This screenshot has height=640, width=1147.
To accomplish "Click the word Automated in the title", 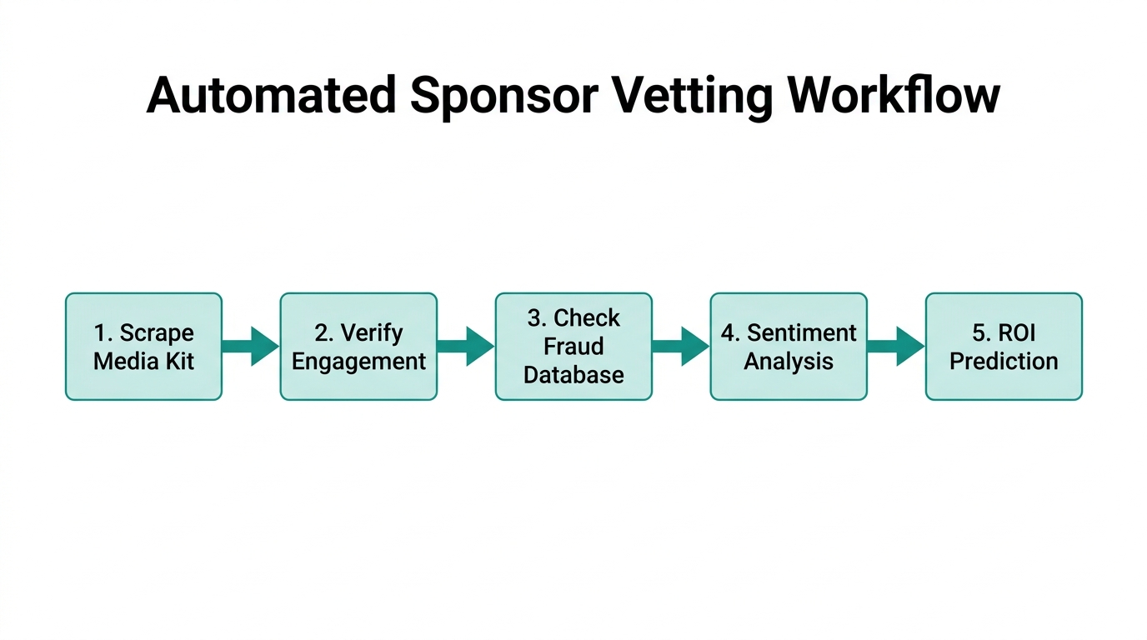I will (271, 96).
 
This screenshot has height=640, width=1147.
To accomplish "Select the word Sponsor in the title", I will (503, 96).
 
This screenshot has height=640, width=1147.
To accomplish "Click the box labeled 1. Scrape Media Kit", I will (143, 347).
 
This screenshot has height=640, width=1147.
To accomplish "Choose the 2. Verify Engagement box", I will (358, 347).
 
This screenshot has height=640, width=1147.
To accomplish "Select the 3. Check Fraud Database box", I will (573, 347).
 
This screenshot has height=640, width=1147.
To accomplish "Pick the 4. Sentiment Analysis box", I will (789, 347).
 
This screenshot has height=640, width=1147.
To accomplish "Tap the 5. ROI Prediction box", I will (1004, 347).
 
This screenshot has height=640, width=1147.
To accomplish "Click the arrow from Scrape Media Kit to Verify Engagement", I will (251, 346).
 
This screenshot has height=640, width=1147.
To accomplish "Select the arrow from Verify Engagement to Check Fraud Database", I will (466, 346).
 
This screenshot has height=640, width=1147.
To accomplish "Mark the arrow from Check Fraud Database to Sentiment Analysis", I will (681, 346).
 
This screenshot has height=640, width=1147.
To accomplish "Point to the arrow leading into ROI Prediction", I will (896, 346).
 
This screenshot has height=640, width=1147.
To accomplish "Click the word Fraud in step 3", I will (573, 347).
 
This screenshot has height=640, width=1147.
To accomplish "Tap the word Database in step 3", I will (573, 375).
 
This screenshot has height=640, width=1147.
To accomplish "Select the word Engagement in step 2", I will (358, 362).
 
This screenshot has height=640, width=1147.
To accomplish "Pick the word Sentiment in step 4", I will (802, 333).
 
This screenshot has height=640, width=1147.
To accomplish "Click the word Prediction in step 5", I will (1004, 362).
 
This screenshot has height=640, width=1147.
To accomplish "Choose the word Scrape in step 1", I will (157, 333).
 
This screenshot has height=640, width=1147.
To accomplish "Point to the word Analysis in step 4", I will (789, 362).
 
